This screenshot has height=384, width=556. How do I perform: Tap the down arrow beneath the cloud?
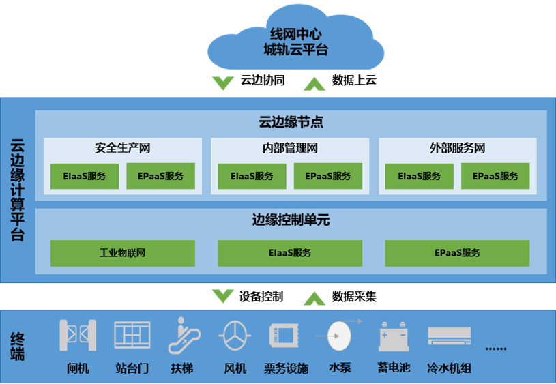tap(222, 83)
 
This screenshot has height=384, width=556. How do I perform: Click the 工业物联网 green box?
tap(123, 253)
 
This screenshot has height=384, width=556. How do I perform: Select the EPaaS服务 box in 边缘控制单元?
tap(457, 253)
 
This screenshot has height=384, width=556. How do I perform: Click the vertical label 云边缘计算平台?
tap(18, 190)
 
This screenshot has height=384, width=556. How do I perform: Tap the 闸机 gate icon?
tap(78, 335)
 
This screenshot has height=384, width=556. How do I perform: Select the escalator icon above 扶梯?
tap(181, 334)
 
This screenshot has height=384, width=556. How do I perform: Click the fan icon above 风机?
tap(235, 335)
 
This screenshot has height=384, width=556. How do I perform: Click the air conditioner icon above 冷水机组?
tap(449, 336)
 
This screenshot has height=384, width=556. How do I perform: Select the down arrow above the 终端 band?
tap(222, 296)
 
